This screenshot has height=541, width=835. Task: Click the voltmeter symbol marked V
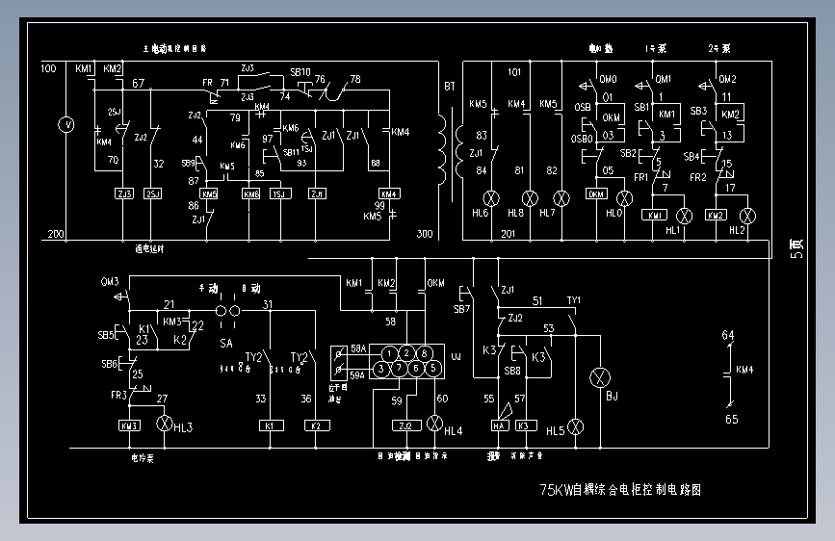66,124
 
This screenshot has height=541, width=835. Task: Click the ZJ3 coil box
123,193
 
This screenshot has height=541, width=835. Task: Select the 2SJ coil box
153,193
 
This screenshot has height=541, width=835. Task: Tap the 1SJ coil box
279,193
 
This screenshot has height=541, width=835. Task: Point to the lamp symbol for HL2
744,214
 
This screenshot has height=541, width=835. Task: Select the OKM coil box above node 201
596,194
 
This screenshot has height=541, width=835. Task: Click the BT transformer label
449,87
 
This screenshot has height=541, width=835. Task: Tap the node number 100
48,69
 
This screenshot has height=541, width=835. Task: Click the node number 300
425,234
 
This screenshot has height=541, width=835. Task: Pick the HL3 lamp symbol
163,425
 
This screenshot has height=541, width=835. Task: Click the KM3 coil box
129,425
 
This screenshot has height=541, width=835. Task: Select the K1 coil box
269,425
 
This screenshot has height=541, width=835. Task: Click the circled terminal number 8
425,354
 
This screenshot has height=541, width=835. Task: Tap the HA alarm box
500,425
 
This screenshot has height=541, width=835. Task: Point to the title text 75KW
556,490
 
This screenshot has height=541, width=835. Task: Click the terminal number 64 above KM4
728,335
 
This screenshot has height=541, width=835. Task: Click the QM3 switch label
110,282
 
